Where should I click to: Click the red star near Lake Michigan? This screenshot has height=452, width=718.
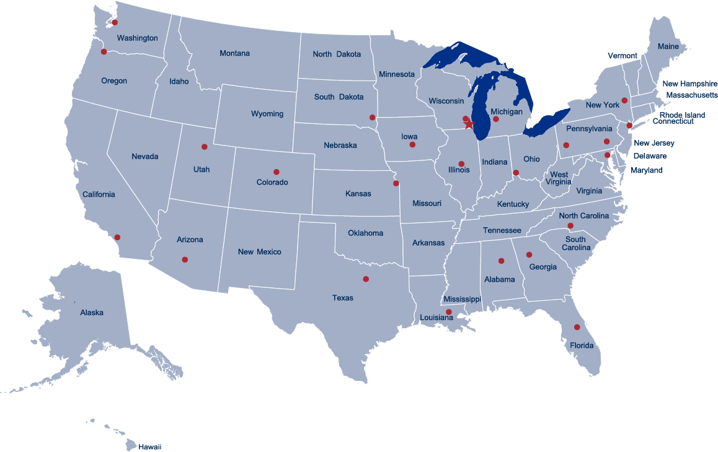(469, 124)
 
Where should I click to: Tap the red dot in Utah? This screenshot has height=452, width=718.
(204, 147)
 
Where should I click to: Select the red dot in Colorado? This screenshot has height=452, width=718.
(277, 172)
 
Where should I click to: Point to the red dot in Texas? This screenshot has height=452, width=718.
(366, 279)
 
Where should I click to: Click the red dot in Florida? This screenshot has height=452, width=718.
(577, 327)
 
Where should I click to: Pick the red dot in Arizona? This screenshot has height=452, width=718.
(185, 259)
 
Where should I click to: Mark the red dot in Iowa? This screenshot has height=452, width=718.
(412, 144)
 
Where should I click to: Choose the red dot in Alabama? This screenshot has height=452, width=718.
(501, 261)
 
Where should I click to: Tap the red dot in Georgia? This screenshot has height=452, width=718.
(530, 254)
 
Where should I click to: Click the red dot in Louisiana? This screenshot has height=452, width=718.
(449, 311)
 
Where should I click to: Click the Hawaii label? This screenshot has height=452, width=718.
(149, 446)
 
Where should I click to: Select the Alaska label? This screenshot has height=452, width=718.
(92, 313)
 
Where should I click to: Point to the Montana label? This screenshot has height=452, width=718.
(234, 53)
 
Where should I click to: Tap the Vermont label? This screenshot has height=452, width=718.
(622, 56)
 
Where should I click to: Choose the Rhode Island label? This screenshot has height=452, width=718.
(682, 115)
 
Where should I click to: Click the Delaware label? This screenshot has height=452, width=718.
(650, 156)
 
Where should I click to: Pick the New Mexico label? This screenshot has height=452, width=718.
(259, 252)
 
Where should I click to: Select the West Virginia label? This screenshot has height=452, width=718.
(559, 178)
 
